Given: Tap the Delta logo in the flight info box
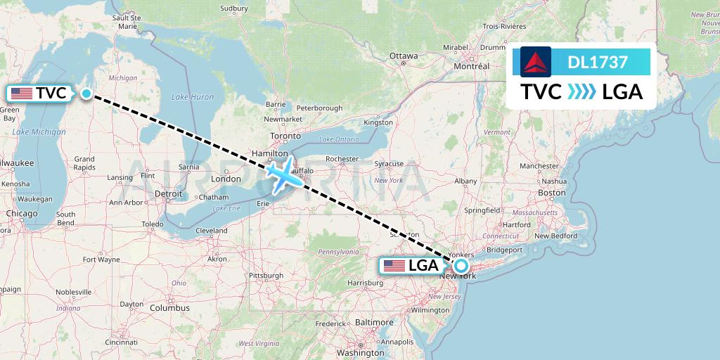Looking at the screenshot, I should [536, 61].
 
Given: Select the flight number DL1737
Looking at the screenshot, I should [598, 62].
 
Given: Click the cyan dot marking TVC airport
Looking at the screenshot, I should [86, 94].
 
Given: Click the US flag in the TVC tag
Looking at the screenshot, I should [22, 94].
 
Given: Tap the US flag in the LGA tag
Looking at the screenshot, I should [394, 266].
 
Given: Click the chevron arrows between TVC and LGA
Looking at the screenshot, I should [581, 91].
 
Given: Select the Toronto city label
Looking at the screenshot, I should [285, 137].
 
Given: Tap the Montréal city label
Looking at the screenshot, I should [472, 66].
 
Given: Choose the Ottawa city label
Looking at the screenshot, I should [404, 56].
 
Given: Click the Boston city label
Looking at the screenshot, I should [551, 193].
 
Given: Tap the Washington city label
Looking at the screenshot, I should [359, 352].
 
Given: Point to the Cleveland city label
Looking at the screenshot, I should [212, 231].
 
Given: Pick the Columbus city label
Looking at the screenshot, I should [169, 308].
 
